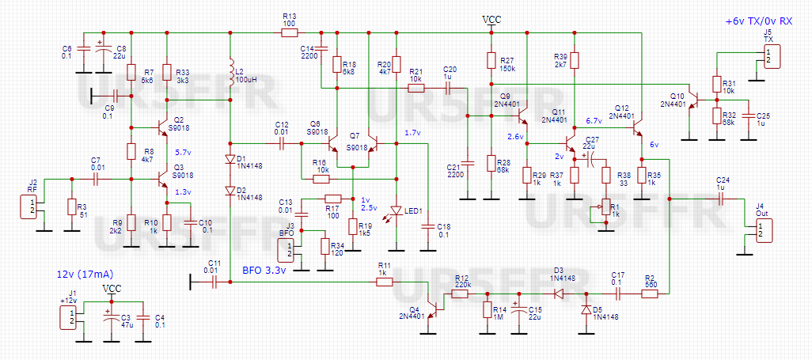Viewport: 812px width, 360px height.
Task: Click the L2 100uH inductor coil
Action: click(x=230, y=73)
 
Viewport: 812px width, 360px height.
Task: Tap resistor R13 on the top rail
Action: click(x=289, y=32)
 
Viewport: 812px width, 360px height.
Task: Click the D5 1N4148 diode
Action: click(x=586, y=309)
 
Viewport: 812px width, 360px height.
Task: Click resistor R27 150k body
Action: click(x=491, y=62)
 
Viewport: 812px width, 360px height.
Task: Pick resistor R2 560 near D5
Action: click(x=649, y=294)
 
